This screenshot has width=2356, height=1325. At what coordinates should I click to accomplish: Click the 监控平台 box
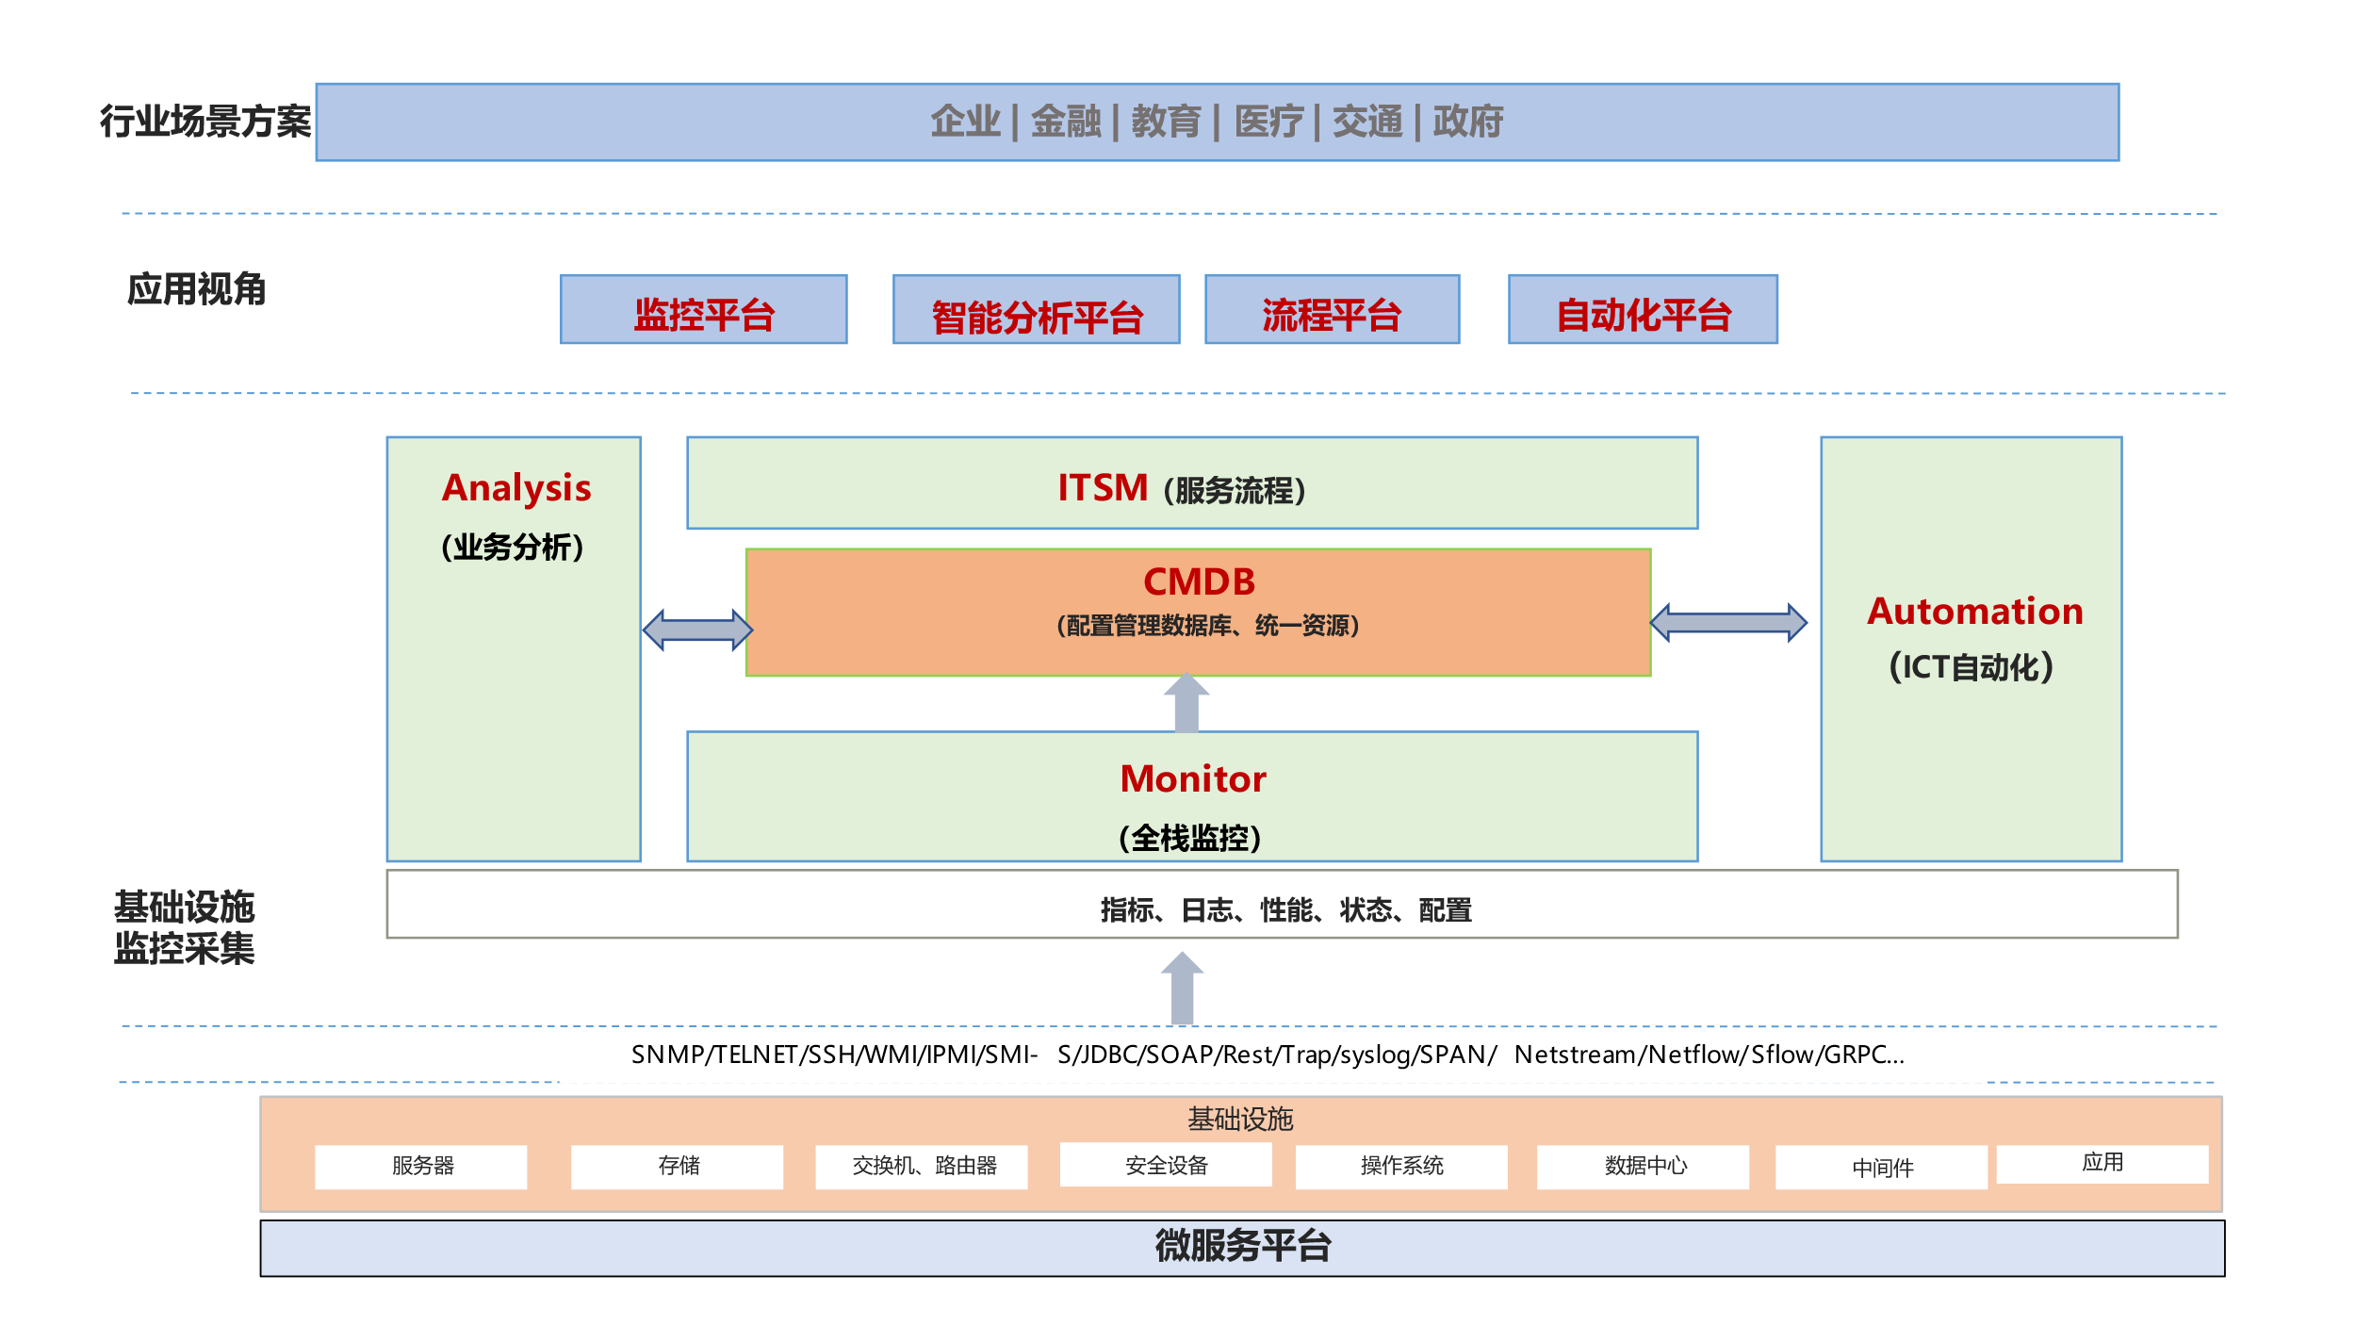click(x=703, y=310)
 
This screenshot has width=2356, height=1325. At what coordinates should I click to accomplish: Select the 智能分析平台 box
click(x=1036, y=310)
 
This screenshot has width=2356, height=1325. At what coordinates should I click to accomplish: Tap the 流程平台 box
click(x=1332, y=310)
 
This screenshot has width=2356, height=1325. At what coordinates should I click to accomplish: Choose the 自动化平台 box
click(x=1643, y=310)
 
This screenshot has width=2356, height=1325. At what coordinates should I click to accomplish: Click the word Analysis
click(x=516, y=488)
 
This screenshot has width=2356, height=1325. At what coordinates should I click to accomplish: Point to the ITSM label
click(x=1103, y=488)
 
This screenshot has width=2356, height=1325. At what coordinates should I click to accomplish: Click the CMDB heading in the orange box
click(x=1199, y=581)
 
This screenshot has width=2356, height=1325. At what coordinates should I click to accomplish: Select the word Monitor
click(x=1193, y=778)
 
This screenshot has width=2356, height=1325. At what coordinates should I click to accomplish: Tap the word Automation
click(x=1974, y=611)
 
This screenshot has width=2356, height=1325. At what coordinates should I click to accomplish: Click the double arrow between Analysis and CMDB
click(x=697, y=630)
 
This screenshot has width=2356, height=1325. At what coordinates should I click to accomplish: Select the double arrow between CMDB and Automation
click(x=1728, y=623)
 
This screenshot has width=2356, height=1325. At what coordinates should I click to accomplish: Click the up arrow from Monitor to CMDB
click(x=1186, y=702)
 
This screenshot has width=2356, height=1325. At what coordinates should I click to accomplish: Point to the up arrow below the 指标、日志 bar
click(x=1182, y=988)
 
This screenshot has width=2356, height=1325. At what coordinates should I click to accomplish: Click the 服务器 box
click(x=421, y=1167)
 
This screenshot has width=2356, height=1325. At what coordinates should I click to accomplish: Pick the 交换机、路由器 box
click(x=922, y=1167)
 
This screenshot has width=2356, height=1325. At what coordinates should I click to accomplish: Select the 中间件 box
click(x=1881, y=1169)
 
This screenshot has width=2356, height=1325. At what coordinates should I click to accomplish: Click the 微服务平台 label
click(x=1242, y=1247)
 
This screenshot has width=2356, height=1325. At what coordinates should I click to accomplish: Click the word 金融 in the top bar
click(x=1066, y=122)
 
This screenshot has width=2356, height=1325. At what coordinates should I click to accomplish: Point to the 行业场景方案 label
click(x=205, y=122)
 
